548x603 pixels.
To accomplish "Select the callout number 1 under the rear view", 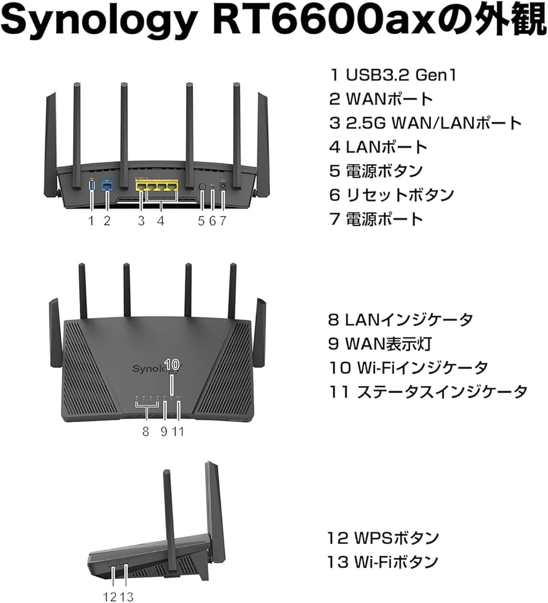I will (x=91, y=221).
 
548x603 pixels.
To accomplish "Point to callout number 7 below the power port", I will (x=223, y=221).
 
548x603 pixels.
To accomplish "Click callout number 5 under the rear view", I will (x=202, y=221).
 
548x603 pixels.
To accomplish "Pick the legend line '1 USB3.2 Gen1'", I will (x=392, y=76).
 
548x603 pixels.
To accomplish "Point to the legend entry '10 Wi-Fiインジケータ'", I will (x=408, y=367).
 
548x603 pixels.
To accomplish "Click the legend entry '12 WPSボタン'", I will (x=383, y=537).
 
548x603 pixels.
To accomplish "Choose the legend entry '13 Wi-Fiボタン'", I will (x=383, y=563).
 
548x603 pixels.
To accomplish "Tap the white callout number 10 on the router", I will (x=171, y=364).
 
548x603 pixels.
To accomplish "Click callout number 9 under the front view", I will (x=164, y=431).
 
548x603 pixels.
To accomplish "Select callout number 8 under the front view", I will (x=145, y=431).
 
